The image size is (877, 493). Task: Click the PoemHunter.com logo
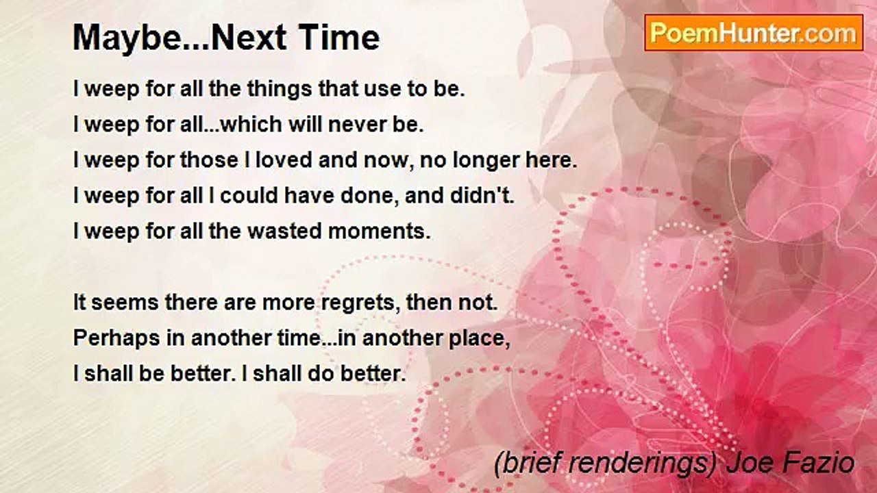[x=754, y=33]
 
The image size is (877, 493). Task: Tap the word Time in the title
[x=339, y=38]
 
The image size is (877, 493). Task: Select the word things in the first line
[x=279, y=90]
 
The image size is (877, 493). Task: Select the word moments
[x=379, y=231]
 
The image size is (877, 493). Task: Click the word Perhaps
[x=116, y=339]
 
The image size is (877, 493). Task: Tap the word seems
[x=125, y=303]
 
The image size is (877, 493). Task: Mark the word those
[x=209, y=160]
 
